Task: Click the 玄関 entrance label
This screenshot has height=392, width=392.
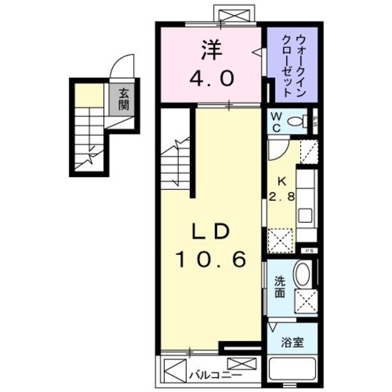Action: pyautogui.click(x=123, y=99)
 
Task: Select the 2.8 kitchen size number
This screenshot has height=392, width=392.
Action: pyautogui.click(x=281, y=196)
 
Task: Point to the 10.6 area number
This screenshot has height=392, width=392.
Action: pyautogui.click(x=210, y=261)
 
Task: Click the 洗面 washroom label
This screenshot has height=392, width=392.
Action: pyautogui.click(x=280, y=287)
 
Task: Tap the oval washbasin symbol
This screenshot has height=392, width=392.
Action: pyautogui.click(x=303, y=274)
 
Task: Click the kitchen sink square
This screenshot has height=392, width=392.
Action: pyautogui.click(x=305, y=216)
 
